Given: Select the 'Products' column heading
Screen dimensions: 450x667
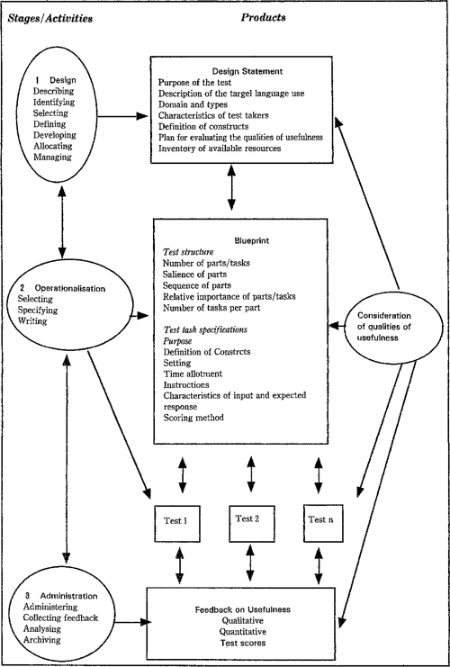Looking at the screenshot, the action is (x=264, y=17).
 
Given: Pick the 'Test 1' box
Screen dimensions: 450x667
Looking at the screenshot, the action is (x=177, y=524).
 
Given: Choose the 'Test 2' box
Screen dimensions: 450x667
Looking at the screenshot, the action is (x=252, y=523).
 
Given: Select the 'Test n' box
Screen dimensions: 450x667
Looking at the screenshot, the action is (x=323, y=523).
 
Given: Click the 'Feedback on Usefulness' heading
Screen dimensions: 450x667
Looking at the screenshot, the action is (x=242, y=609).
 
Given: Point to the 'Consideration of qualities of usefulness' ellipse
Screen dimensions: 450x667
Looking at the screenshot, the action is (x=384, y=328).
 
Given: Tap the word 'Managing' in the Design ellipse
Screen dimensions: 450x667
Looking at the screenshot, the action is (x=52, y=157).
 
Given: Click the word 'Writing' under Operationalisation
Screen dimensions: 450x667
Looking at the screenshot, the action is (x=32, y=321).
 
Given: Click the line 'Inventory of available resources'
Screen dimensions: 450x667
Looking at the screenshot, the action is (x=220, y=149).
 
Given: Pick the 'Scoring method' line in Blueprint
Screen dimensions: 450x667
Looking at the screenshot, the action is (x=193, y=418).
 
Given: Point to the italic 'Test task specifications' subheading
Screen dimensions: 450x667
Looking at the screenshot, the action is (x=205, y=329).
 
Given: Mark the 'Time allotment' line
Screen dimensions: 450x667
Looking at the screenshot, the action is (x=193, y=374).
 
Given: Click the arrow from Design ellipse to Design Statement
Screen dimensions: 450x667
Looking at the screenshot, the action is (x=122, y=116).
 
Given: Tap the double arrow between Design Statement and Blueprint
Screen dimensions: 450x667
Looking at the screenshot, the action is (x=231, y=187).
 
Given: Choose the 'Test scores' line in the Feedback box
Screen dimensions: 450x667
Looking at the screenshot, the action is (x=242, y=643).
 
